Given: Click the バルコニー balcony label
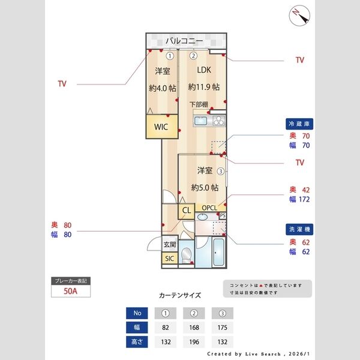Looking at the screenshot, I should [185, 41].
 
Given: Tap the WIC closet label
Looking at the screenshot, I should [161, 127].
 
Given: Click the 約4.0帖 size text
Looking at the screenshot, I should [162, 88].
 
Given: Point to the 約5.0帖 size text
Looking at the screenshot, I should [204, 187].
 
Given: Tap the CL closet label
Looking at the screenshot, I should [186, 211].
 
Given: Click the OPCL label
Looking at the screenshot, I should [209, 208].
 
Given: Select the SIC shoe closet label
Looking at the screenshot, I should [169, 259].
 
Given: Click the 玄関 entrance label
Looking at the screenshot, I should [170, 245].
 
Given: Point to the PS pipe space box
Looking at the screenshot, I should [223, 215].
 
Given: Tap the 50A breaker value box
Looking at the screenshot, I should [71, 292].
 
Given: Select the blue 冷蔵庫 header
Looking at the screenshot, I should [300, 124].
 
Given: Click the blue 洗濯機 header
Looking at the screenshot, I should [300, 229].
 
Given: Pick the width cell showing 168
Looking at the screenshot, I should [194, 328].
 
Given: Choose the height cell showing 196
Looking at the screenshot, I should [194, 342].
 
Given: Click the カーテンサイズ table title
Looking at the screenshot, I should [180, 295].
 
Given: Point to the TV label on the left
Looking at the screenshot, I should [62, 84].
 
